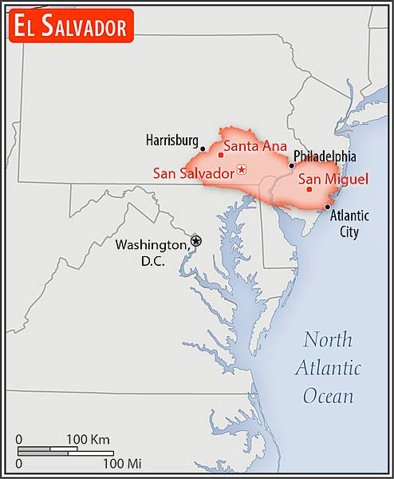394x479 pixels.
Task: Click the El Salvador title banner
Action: point(69,27)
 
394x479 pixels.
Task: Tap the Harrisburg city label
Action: point(171,141)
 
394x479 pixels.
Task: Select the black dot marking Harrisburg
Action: point(203,148)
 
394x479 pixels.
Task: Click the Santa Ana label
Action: point(254,146)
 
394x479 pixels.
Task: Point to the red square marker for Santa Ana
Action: point(221,154)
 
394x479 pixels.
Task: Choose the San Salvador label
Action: point(194,172)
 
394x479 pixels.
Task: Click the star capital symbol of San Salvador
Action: point(242,169)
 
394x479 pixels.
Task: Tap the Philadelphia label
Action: point(325,156)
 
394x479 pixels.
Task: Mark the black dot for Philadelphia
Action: point(292,165)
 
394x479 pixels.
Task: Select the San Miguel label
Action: point(333,179)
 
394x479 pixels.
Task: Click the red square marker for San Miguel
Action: point(309,189)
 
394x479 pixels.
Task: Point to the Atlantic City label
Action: point(349,224)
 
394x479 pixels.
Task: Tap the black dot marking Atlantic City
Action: point(328,207)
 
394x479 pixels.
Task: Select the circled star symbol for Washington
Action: point(196,240)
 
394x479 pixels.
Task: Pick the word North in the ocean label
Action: point(327,340)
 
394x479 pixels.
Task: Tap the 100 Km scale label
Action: point(88,440)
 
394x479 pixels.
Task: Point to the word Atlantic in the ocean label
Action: point(328,368)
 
